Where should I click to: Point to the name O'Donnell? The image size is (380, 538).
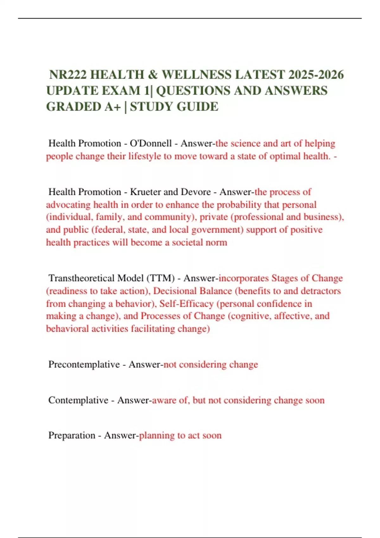coord(151,143)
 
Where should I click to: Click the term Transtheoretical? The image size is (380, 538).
coord(81,278)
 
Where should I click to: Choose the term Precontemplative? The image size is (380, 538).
coord(84,364)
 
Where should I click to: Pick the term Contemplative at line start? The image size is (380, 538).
coord(78,400)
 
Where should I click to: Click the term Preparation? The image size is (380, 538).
coord(72,435)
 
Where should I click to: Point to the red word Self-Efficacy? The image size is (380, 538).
coord(186,303)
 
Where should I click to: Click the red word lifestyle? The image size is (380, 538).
coord(145,156)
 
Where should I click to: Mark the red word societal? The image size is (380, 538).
coord(187,242)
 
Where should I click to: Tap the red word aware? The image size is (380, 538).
coord(164,400)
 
